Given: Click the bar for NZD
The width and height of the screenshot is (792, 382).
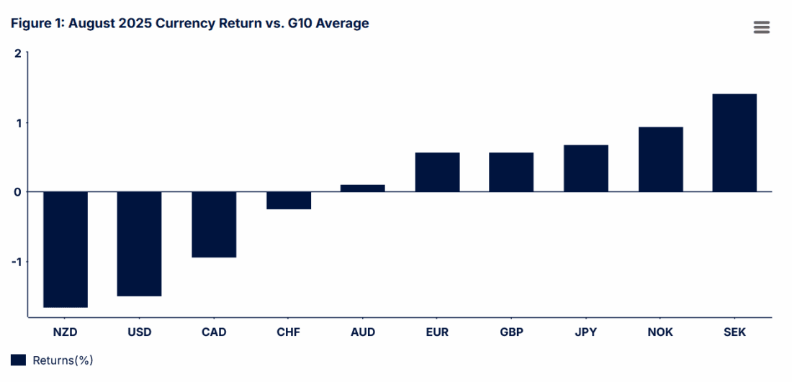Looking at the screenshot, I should [x=66, y=249].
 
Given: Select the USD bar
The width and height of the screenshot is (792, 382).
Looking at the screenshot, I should [x=140, y=243].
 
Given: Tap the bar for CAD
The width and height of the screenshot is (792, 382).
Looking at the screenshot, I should [x=214, y=224].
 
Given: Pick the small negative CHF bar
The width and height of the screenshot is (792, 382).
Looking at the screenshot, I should [x=289, y=200].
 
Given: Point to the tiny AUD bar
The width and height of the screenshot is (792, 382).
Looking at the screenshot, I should [x=363, y=188].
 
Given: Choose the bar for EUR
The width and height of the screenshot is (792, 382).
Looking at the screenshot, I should [x=437, y=172].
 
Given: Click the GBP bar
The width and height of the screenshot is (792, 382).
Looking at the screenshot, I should [x=511, y=172].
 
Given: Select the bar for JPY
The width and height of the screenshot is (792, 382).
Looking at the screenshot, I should [x=586, y=168].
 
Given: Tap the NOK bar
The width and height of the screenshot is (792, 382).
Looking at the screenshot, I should [x=660, y=159].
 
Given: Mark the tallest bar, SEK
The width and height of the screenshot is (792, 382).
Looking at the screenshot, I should [x=734, y=142].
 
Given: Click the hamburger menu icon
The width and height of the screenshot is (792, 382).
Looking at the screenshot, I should [x=762, y=27].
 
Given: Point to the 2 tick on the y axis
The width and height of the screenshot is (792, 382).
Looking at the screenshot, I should [x=18, y=53].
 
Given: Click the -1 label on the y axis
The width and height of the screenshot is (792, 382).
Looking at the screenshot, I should [x=16, y=261].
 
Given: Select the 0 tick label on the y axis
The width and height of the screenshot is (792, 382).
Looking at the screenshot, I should [x=18, y=192].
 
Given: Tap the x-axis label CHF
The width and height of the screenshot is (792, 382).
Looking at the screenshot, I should [x=288, y=332].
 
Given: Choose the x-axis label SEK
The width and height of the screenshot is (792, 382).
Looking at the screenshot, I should [x=734, y=332].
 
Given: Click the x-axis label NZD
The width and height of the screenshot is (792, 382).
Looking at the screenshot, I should [x=66, y=332].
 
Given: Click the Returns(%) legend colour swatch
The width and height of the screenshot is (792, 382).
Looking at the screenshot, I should [x=19, y=360].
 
